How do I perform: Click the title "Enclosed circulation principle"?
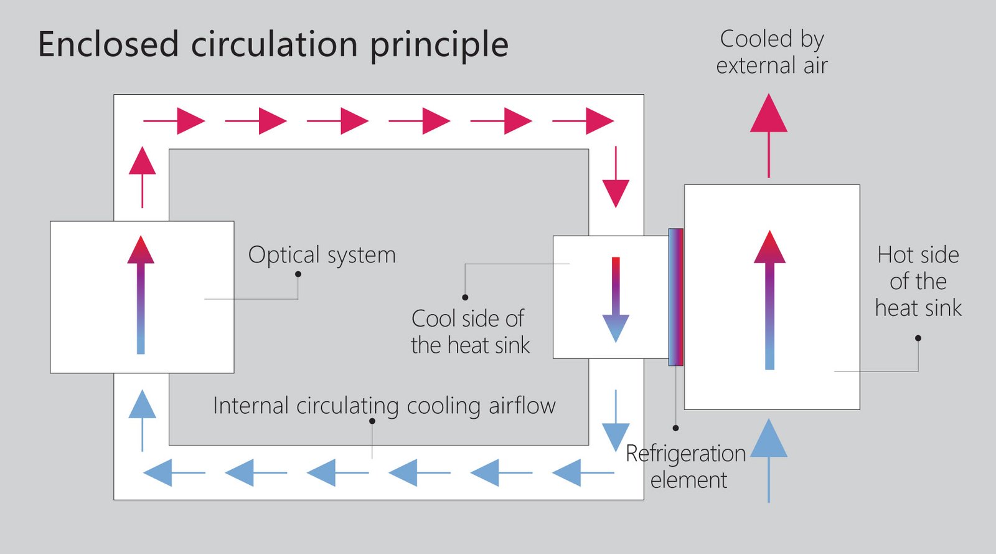click(x=273, y=45)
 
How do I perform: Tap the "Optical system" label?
click(x=322, y=255)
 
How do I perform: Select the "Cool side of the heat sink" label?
click(x=470, y=332)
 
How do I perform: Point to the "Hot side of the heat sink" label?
click(x=918, y=281)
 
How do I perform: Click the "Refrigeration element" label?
click(x=686, y=466)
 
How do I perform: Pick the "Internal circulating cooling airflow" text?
click(x=384, y=406)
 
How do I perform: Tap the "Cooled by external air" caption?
click(x=772, y=52)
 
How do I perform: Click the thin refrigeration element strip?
click(x=676, y=297)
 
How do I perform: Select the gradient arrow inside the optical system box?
click(x=141, y=295)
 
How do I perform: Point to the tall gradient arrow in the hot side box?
click(x=769, y=300)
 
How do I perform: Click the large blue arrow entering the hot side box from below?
click(x=769, y=460)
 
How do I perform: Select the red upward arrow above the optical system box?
click(x=143, y=177)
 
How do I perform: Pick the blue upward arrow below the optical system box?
click(x=143, y=419)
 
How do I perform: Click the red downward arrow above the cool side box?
click(x=616, y=177)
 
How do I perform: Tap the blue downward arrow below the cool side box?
click(x=616, y=420)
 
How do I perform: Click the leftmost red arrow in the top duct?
click(x=174, y=121)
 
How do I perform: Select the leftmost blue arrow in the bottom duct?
click(x=174, y=472)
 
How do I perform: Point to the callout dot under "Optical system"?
click(x=298, y=274)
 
